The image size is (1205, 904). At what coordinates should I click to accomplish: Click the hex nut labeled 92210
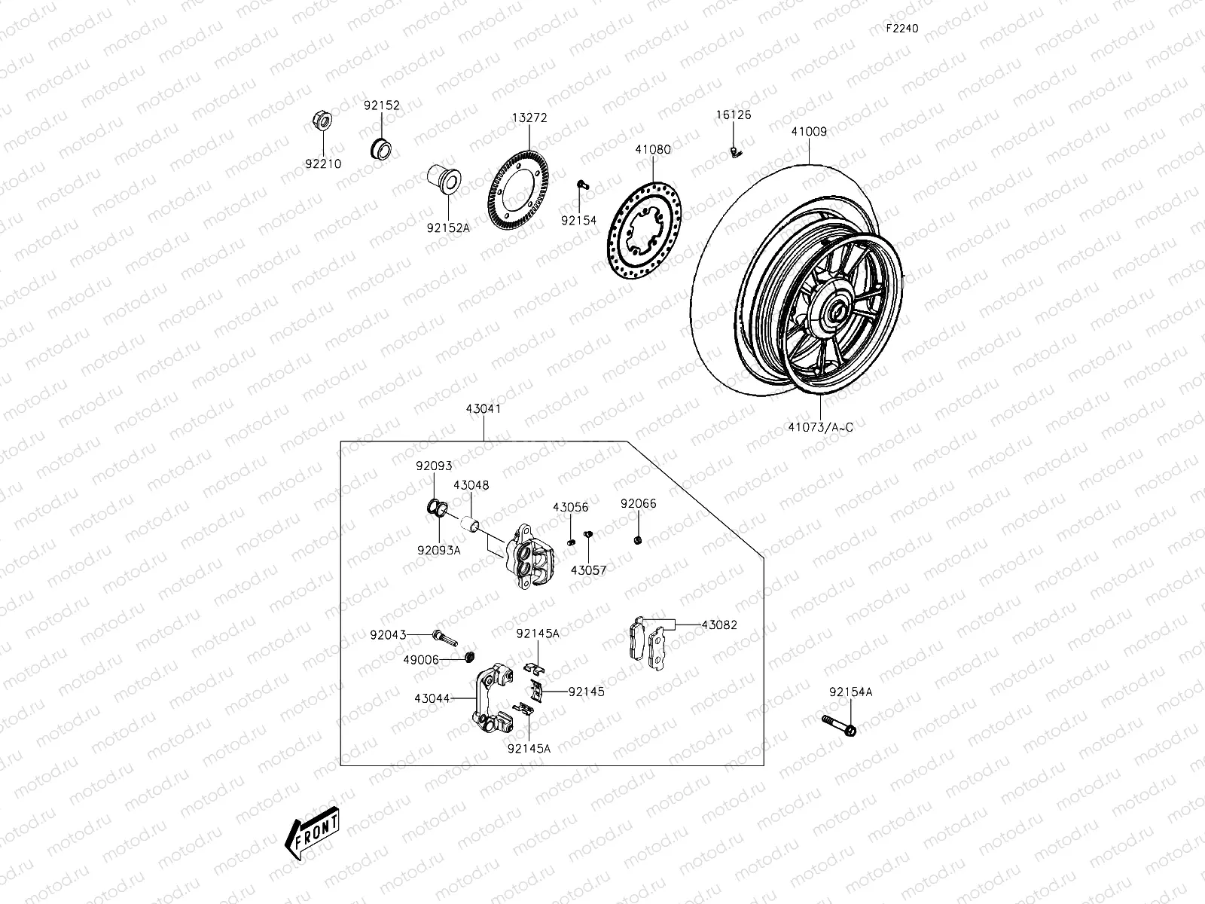pyautogui.click(x=320, y=121)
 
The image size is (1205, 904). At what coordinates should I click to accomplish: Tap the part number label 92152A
pyautogui.click(x=448, y=227)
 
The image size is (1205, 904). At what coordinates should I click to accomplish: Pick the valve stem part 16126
pyautogui.click(x=736, y=153)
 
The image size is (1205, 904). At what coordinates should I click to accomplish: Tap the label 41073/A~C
pyautogui.click(x=820, y=427)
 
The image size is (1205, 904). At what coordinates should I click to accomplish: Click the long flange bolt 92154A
pyautogui.click(x=838, y=725)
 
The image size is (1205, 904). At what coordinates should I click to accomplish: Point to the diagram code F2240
pyautogui.click(x=901, y=29)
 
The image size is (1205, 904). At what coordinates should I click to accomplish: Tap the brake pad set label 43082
pyautogui.click(x=719, y=625)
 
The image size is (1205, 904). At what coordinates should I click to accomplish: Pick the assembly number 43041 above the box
pyautogui.click(x=484, y=409)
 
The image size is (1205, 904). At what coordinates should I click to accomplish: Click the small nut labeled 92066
pyautogui.click(x=638, y=540)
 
